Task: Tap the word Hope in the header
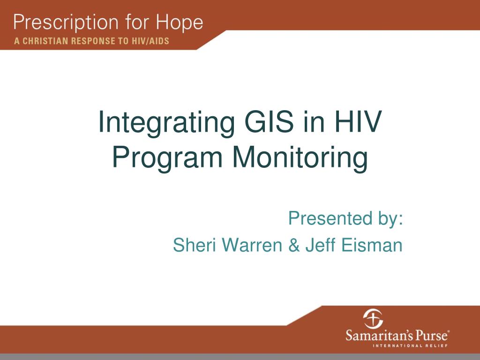point(179,23)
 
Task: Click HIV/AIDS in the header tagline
point(150,41)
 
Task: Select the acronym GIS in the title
point(269,121)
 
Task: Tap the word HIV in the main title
point(358,121)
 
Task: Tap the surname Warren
point(251,245)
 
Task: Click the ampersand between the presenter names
point(294,245)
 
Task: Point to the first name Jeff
point(320,245)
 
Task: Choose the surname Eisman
point(372,245)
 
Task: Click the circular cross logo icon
point(373,319)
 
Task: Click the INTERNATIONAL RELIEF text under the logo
point(410,345)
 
